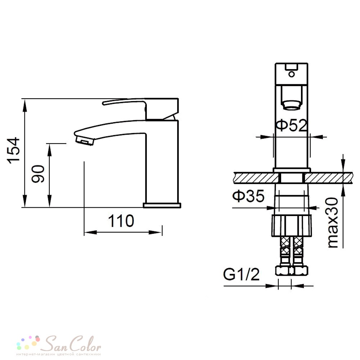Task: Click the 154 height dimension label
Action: click(14, 150)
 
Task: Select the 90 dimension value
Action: click(38, 174)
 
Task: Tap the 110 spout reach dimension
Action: click(121, 221)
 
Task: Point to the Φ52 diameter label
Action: click(292, 125)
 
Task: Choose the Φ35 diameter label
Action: click(248, 196)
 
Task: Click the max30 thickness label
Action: click(333, 223)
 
